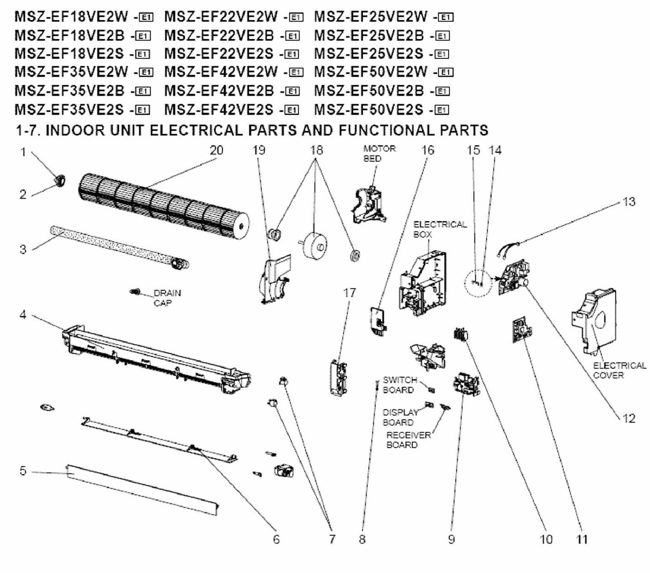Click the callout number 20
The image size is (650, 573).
(216, 150)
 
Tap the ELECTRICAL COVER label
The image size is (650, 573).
(619, 370)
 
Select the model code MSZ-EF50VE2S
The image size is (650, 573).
(368, 109)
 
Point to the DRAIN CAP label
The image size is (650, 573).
(167, 298)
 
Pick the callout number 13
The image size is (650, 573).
(629, 202)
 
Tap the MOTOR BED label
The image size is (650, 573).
(379, 154)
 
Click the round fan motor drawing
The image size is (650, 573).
(315, 247)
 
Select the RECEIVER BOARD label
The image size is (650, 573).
(408, 440)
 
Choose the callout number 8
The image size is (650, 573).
(362, 539)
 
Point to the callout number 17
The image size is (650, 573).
(349, 293)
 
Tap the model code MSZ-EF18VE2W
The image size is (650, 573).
(71, 17)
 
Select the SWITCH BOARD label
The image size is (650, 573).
(399, 385)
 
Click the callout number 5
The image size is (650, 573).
(23, 471)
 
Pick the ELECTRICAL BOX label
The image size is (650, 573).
(440, 229)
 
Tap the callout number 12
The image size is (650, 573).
(629, 418)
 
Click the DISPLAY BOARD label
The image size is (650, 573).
(399, 417)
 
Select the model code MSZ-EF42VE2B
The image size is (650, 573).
(219, 91)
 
